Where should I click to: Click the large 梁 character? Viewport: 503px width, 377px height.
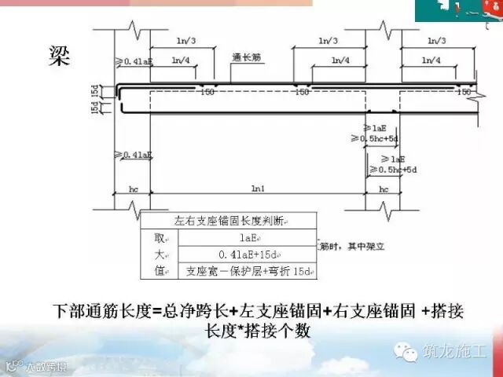tap(58, 54)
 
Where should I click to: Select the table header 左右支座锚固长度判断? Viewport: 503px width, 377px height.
tap(229, 221)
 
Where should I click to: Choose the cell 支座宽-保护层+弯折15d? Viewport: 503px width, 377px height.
tap(248, 271)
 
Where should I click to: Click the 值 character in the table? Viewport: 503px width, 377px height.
tap(160, 271)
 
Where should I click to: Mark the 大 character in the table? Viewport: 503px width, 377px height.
tap(160, 254)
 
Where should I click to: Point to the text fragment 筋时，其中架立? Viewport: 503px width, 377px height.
tap(347, 246)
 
